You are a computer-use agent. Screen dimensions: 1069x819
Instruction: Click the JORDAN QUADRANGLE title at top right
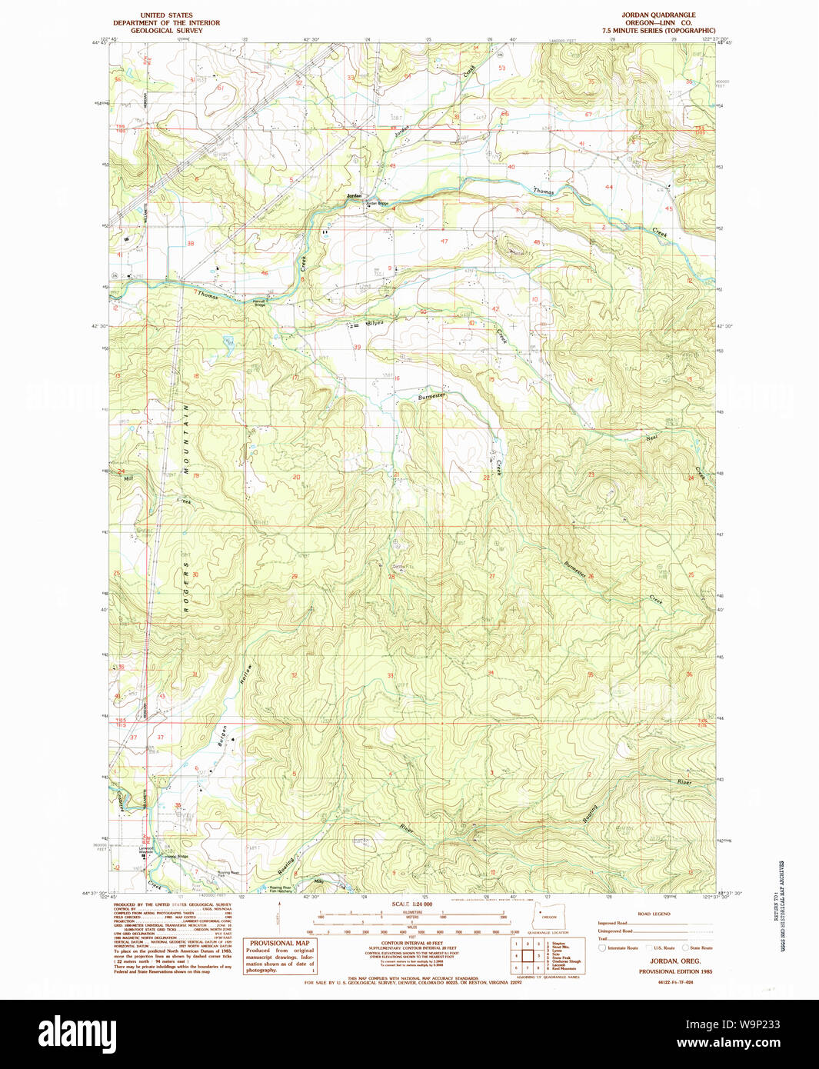(x=658, y=15)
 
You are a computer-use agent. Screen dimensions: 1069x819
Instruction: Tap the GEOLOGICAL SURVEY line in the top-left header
(x=166, y=31)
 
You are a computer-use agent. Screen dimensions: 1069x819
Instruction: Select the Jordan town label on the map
(x=354, y=196)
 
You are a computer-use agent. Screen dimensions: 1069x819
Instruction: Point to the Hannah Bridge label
(x=260, y=303)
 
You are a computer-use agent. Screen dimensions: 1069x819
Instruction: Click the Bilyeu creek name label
(x=375, y=323)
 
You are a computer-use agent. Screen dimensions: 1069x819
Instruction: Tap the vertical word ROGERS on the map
(x=185, y=587)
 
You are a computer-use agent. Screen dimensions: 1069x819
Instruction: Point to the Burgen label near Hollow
(x=223, y=737)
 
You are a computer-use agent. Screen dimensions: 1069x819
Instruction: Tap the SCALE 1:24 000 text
(x=411, y=904)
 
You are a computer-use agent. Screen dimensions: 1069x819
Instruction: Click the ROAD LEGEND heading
(x=654, y=914)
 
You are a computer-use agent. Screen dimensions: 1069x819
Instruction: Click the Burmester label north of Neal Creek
(x=431, y=396)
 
